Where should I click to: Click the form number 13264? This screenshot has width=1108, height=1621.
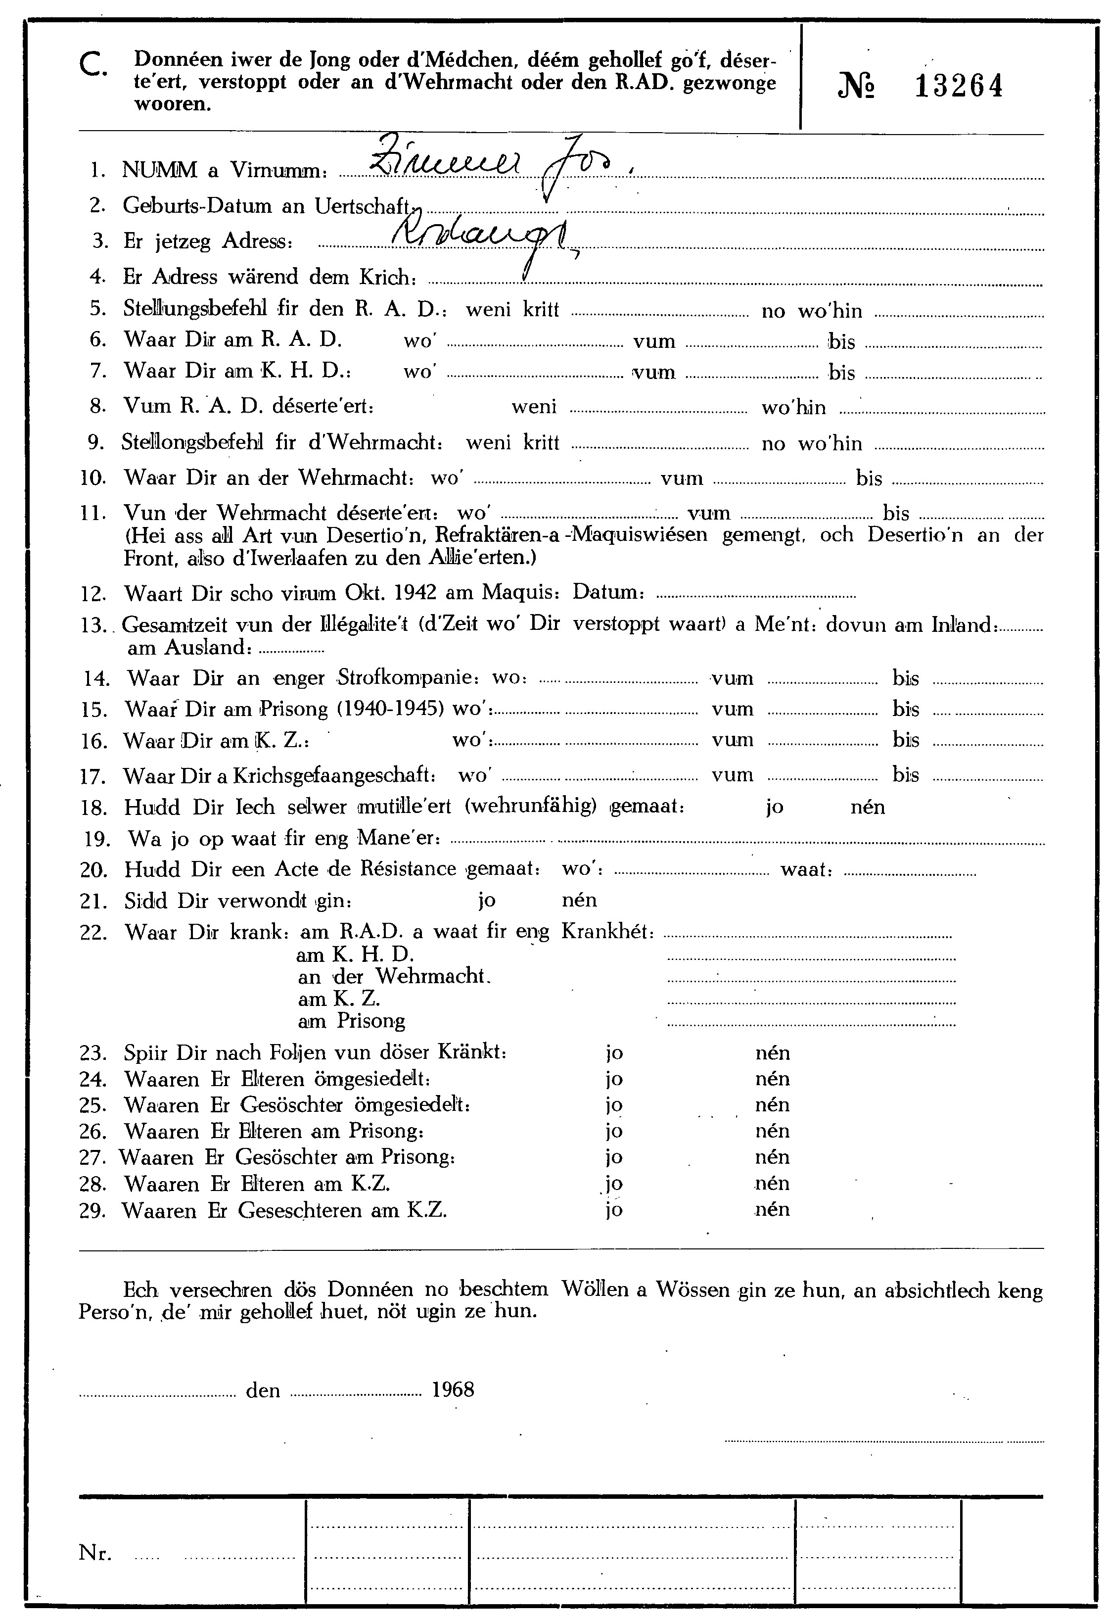point(958,87)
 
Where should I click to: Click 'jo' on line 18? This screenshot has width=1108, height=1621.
point(775,807)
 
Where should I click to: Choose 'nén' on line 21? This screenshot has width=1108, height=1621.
point(579,900)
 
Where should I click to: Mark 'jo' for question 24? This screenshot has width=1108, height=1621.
point(614,1079)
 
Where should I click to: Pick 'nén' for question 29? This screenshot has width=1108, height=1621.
point(772,1209)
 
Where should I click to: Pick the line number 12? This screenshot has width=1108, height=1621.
point(92,594)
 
